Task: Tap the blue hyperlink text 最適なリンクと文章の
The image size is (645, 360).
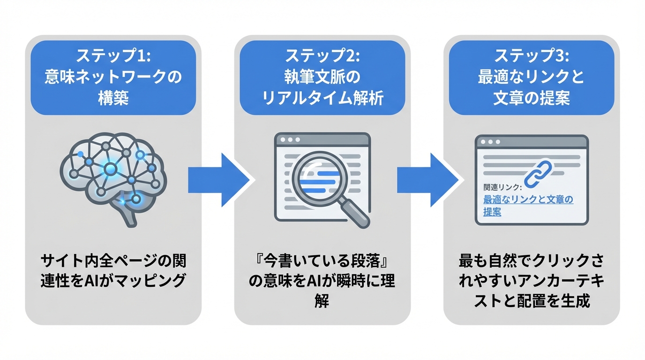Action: coord(528,200)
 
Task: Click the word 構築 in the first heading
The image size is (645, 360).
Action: coord(113,98)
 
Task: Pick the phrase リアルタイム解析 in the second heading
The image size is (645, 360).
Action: coord(322,98)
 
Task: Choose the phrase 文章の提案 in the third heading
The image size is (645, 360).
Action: coord(532,98)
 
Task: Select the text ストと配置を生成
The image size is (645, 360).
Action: coord(532,300)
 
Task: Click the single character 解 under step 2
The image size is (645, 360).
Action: coord(322,300)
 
